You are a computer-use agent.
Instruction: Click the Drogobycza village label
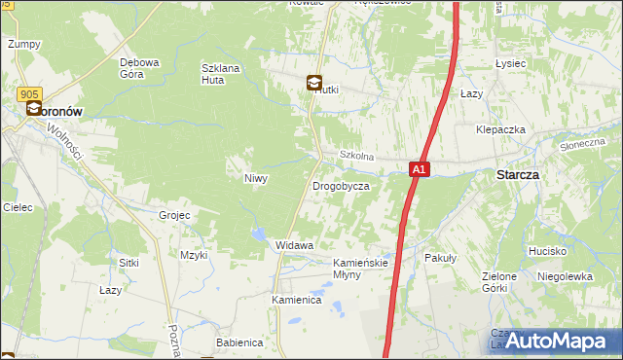coord(341,185)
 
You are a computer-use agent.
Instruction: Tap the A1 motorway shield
coord(418,169)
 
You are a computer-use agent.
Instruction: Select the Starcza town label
coord(518,175)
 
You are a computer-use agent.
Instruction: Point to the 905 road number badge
coord(28,93)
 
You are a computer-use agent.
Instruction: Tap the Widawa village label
coord(294,245)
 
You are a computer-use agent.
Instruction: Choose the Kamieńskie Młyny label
coord(361,269)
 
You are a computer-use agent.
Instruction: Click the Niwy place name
coord(255,178)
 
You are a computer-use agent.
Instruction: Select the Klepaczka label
coord(500,129)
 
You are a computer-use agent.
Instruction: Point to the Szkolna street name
coord(356,156)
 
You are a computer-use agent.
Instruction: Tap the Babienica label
coord(239,342)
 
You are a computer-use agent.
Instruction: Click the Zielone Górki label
coord(499,282)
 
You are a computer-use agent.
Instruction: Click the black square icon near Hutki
coord(315,84)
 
